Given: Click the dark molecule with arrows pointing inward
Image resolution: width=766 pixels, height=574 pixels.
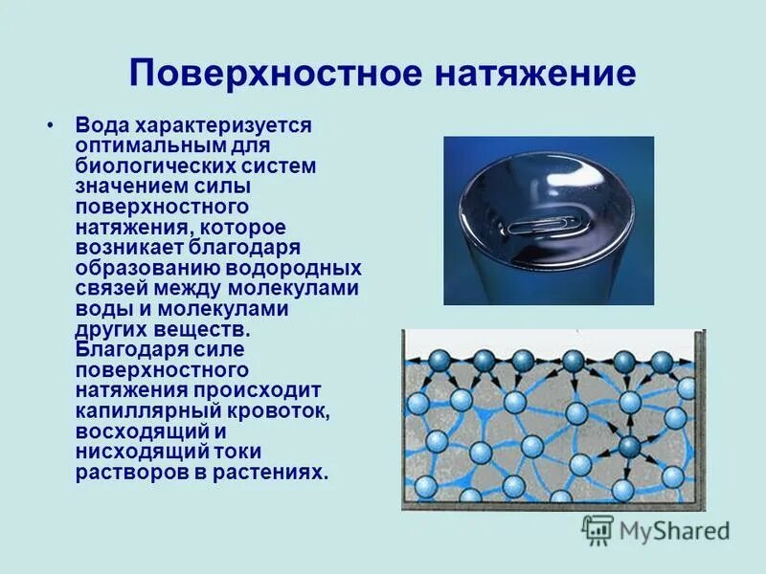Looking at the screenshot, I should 629,446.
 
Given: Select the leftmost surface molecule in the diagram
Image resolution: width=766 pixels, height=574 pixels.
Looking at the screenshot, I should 439,360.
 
